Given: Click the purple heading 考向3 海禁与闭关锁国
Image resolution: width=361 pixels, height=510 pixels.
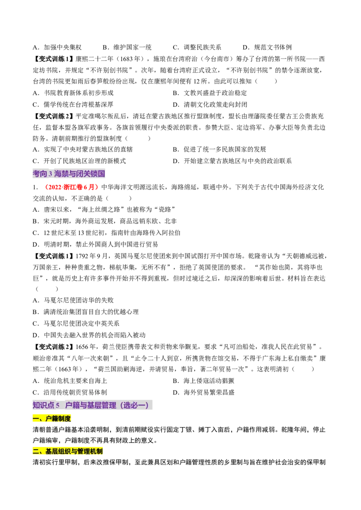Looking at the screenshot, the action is point(69,174).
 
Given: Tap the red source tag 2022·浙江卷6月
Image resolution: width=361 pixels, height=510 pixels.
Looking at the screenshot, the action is point(70,187).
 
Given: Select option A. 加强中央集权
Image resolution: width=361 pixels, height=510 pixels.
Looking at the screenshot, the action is point(57,47).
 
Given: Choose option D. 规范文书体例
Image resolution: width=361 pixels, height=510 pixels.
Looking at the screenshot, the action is point(267,47).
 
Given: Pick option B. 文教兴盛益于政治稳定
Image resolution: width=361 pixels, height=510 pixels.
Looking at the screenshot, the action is point(210,93).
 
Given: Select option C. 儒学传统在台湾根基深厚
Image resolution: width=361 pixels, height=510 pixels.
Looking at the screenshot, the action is point(73,105).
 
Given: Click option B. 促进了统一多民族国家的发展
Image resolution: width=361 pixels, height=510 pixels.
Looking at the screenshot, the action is point(219,149).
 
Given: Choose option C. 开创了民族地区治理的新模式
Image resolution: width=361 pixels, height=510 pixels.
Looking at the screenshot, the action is point(79,161).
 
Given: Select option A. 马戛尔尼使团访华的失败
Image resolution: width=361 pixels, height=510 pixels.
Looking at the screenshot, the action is point(73,300).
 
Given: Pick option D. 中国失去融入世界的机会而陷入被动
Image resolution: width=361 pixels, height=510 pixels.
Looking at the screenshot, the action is point(89,335).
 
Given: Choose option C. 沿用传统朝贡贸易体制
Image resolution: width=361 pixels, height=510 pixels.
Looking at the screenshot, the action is point(70,392).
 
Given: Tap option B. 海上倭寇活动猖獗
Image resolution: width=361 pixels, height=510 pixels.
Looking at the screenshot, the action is point(204,381).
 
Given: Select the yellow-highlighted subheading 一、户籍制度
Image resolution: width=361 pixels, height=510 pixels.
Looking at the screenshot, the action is point(52,419).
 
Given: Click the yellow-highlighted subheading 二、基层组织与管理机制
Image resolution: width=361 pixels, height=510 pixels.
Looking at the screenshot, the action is point(68,451).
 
